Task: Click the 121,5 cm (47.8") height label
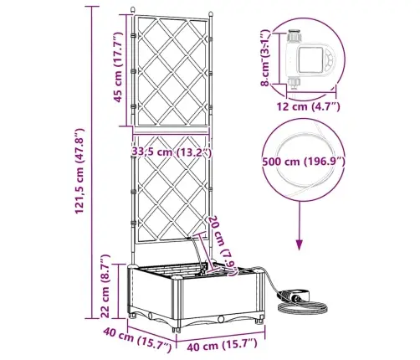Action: pos(79,171)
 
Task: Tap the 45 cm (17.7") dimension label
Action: pos(118,67)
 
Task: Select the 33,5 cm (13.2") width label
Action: pos(172,152)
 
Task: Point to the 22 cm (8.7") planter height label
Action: pos(105,286)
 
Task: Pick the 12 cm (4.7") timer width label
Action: pos(308,106)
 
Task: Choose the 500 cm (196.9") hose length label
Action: pos(304,162)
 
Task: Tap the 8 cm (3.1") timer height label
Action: pos(265,58)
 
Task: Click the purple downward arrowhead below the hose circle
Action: pos(300,244)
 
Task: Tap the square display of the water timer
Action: pos(310,60)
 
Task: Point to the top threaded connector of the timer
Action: pos(295,35)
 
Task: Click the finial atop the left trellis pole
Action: pos(133,9)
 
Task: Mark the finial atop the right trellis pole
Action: pos(211,14)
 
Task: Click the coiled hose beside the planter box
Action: pos(302,307)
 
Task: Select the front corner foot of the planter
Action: pos(177,330)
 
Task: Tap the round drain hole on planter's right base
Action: pos(222,319)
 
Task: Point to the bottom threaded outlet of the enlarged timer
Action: pos(294,83)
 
